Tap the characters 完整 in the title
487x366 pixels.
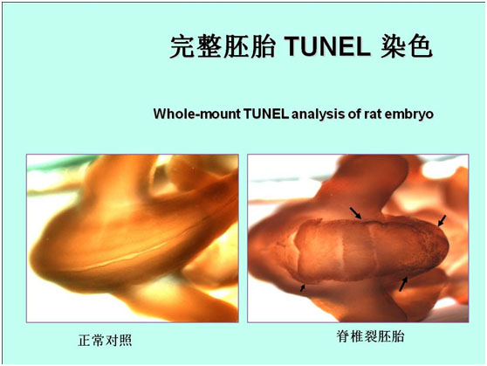pos(195,46)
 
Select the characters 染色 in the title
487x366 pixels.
pos(406,46)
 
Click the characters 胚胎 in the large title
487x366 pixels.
pos(249,46)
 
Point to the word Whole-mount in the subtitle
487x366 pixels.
pos(197,114)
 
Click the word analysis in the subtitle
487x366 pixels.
pos(319,114)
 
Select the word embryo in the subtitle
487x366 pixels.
pos(408,114)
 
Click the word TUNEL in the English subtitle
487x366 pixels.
pos(266,114)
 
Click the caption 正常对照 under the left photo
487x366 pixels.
pos(105,340)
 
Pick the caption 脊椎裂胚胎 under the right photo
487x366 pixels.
pos(370,336)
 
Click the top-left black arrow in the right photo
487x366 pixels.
pos(356,213)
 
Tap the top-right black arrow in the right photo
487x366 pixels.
pos(442,220)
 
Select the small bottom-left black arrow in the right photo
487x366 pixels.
pos(303,287)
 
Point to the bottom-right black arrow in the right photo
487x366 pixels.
pos(403,284)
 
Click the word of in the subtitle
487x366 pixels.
pos(354,114)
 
